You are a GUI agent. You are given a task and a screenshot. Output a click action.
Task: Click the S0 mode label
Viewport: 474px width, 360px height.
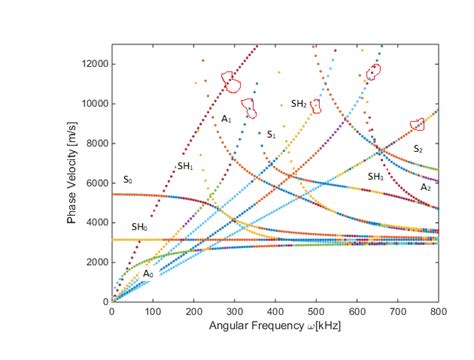click(127, 180)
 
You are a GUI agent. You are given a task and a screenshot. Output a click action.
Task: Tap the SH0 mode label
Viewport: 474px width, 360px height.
click(140, 228)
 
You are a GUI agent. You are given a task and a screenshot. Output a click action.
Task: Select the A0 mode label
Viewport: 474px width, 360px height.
click(148, 273)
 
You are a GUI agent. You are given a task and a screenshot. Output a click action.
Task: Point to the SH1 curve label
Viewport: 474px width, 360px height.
click(185, 166)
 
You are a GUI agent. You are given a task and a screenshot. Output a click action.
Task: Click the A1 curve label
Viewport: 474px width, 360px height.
click(227, 120)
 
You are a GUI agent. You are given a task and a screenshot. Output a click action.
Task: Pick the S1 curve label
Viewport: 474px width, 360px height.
click(270, 134)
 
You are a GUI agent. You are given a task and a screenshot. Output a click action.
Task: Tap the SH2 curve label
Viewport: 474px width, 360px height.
click(299, 104)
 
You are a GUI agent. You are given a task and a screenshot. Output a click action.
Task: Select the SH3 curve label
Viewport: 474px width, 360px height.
click(375, 176)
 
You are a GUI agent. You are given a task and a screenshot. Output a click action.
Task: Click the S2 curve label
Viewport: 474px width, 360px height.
click(418, 148)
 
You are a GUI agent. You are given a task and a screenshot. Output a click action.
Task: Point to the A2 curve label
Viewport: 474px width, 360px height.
click(426, 187)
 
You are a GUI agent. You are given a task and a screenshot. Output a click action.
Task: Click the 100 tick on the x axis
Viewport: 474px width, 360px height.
click(152, 312)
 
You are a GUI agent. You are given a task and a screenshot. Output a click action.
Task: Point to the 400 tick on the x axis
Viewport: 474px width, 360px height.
click(275, 312)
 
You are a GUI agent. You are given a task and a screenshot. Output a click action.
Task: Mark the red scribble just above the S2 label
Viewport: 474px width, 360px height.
click(417, 124)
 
